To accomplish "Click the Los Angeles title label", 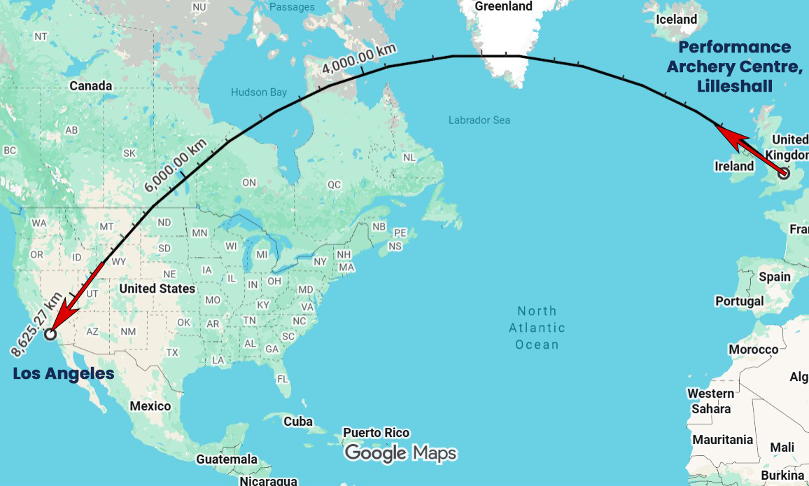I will click(x=64, y=374).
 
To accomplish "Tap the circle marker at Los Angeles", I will click(x=50, y=334).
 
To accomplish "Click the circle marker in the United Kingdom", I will click(x=784, y=173).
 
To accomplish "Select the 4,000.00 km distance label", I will click(x=359, y=60).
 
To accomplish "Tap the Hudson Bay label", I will click(x=259, y=92).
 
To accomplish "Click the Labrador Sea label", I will click(x=479, y=120).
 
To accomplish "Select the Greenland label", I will click(x=503, y=6).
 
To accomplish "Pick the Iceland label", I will click(x=676, y=20).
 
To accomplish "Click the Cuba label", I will click(x=297, y=422).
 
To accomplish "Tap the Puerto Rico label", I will click(x=376, y=433).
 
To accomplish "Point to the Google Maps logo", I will click(x=400, y=454).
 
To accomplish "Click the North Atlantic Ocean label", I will click(x=537, y=328).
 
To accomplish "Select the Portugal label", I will click(x=740, y=301).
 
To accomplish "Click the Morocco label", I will click(x=753, y=349).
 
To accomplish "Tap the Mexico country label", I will click(x=150, y=406).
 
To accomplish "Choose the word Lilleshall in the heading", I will click(x=735, y=86).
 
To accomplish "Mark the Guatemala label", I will click(x=227, y=459).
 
